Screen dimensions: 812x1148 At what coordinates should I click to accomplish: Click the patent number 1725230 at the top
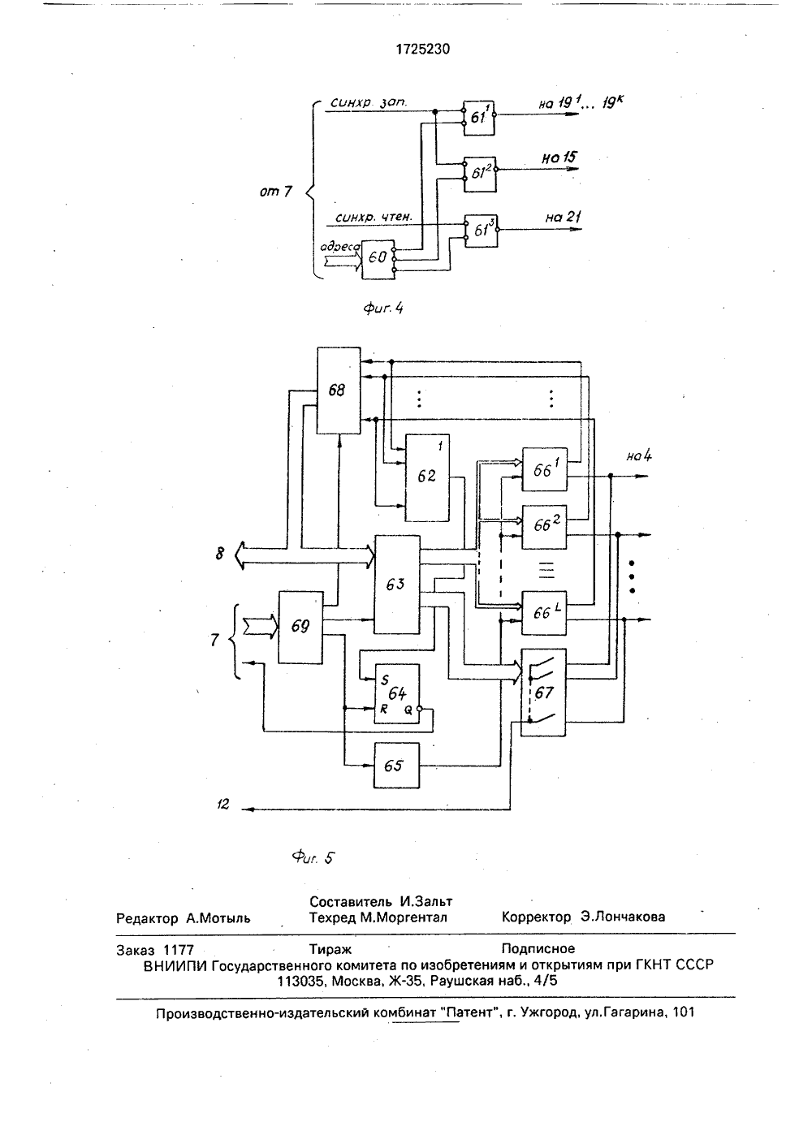(x=423, y=49)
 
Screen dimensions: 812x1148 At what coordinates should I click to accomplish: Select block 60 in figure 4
(x=378, y=259)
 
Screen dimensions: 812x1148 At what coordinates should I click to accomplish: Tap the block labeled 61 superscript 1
(x=479, y=118)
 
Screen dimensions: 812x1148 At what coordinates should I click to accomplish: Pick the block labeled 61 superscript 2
(x=481, y=175)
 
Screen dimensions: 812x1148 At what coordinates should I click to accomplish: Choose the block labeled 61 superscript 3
(x=481, y=231)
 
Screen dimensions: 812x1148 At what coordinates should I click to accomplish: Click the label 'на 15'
(x=559, y=158)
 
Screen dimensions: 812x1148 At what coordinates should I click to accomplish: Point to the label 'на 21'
(x=563, y=217)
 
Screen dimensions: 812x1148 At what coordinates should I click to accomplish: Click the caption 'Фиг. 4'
(x=383, y=308)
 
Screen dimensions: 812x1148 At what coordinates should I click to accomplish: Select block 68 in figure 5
(x=339, y=391)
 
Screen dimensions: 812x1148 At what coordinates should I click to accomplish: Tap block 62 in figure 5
(x=427, y=477)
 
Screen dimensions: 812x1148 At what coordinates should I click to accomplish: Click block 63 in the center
(x=397, y=585)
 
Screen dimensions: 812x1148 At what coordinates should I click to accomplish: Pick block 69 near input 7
(x=300, y=628)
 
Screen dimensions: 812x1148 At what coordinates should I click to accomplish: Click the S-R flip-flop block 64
(x=396, y=693)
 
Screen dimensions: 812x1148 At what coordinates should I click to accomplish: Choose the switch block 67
(x=543, y=693)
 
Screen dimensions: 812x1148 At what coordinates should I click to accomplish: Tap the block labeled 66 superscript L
(x=544, y=613)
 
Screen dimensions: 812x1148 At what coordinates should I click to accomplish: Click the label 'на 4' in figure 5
(x=639, y=455)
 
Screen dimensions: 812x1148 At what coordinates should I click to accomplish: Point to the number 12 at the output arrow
(x=223, y=804)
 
